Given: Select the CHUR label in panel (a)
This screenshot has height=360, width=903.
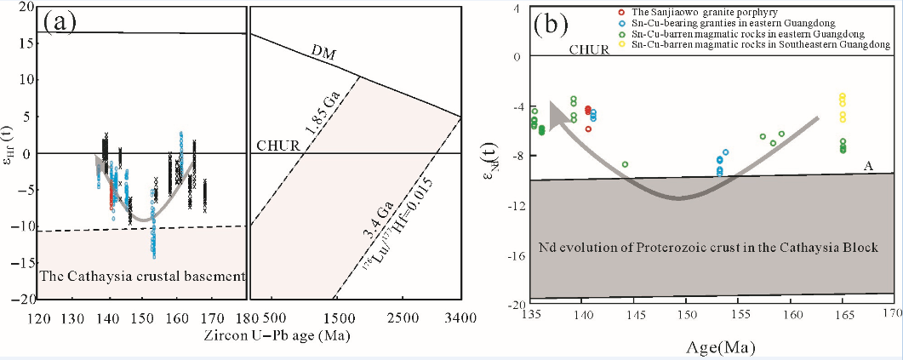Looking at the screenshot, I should point(276,146).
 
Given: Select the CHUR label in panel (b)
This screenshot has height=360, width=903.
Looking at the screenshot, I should point(589,49).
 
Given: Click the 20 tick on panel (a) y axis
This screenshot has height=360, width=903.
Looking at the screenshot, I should point(25,7).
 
